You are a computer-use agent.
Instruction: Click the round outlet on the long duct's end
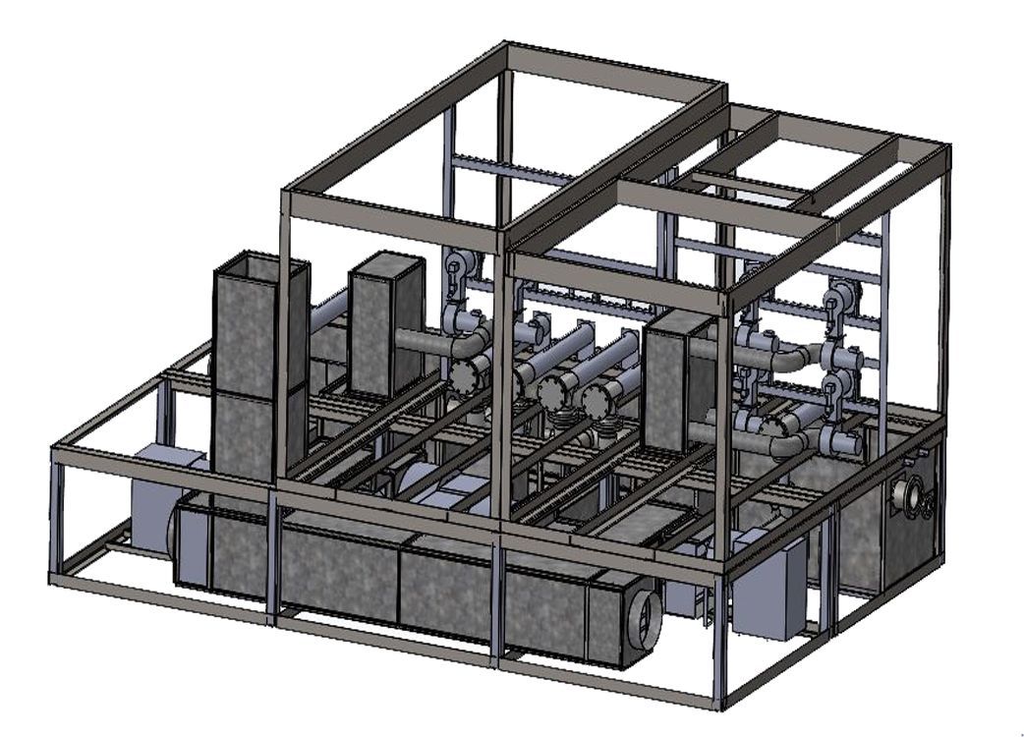(645, 618)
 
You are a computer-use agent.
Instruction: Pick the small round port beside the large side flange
(927, 505)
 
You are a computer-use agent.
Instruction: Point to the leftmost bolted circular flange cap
(470, 374)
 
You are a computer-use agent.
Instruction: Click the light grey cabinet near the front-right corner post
(768, 590)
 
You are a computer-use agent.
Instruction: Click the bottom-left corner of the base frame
(53, 580)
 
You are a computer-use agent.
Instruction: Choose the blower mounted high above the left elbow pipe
(458, 269)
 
